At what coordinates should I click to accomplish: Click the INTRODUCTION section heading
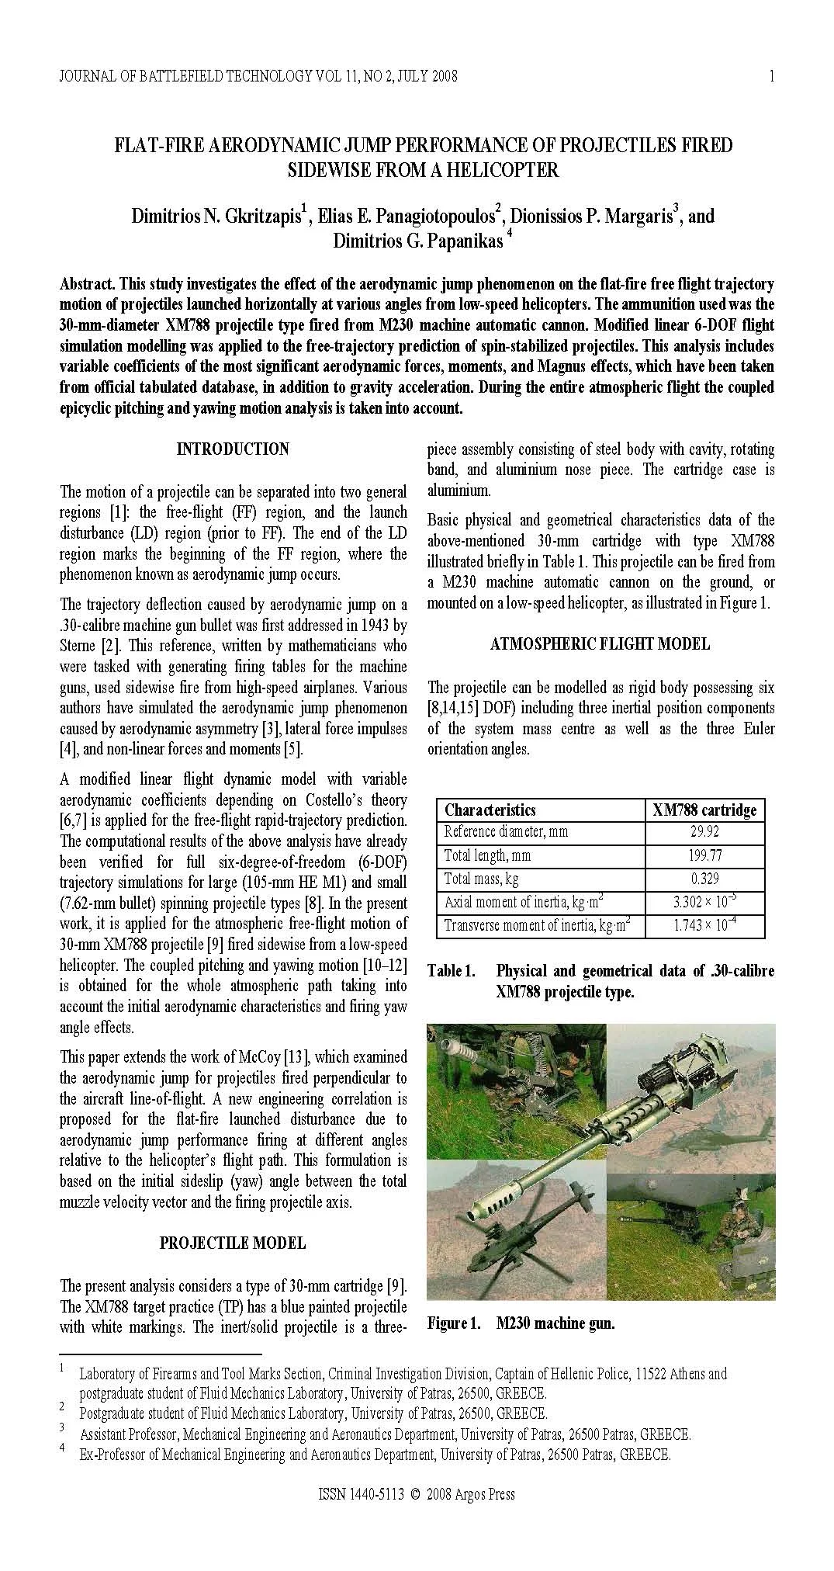click(233, 449)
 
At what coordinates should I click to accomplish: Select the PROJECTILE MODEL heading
click(233, 1243)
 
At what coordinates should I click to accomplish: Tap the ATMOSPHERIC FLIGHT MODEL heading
click(600, 643)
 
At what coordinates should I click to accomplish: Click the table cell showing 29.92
click(704, 832)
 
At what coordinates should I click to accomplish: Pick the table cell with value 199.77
click(704, 855)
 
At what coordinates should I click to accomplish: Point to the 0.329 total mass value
click(704, 879)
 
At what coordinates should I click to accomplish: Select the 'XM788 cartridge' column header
click(704, 810)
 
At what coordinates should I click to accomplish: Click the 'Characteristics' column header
click(490, 810)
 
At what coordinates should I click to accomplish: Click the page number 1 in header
click(771, 76)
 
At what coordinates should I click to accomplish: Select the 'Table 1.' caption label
click(450, 971)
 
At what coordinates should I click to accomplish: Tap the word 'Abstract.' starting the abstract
click(88, 284)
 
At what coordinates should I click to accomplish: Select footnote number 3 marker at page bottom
click(61, 1427)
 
